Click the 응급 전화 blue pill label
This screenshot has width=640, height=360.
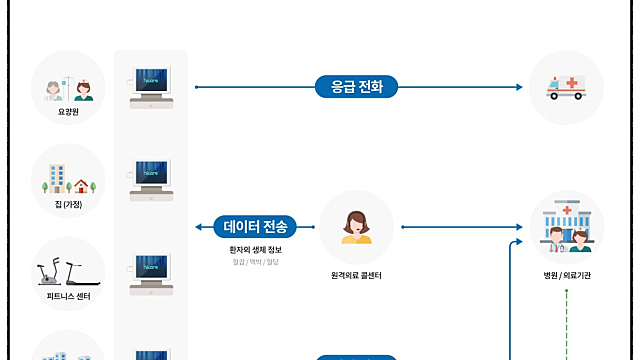tap(356, 87)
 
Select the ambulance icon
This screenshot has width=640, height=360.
tap(566, 88)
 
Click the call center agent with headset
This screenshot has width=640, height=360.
tap(356, 226)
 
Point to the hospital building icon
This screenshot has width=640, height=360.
tap(566, 226)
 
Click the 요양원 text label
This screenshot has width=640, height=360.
tap(68, 113)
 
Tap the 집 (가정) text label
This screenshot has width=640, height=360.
tap(68, 204)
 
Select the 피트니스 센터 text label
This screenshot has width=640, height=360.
tap(68, 297)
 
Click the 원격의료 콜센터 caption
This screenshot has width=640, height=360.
tap(356, 274)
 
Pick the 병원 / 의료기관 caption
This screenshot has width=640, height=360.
tap(566, 274)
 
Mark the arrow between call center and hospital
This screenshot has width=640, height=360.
tap(460, 227)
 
